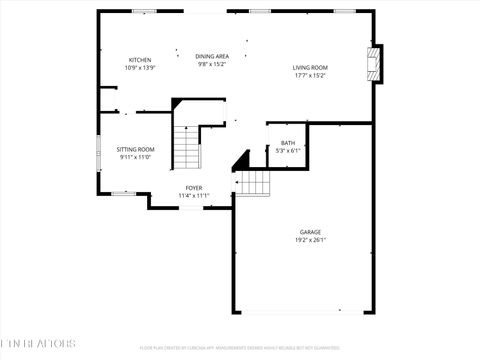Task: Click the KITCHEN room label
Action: click(x=139, y=60)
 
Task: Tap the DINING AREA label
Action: click(x=211, y=56)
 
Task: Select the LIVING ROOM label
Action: click(x=310, y=67)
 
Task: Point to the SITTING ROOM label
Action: click(x=135, y=149)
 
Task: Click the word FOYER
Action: click(x=193, y=188)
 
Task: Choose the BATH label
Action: click(x=288, y=143)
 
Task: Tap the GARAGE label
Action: click(x=310, y=232)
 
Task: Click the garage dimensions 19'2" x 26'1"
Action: click(x=310, y=240)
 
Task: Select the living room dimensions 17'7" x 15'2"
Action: click(x=310, y=75)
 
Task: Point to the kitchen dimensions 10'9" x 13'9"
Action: click(x=139, y=68)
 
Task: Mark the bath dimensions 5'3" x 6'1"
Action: click(x=288, y=151)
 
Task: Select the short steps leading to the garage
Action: click(x=253, y=182)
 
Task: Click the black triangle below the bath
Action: click(x=240, y=160)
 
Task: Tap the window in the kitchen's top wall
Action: click(x=144, y=11)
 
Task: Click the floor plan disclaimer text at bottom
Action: click(x=239, y=348)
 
